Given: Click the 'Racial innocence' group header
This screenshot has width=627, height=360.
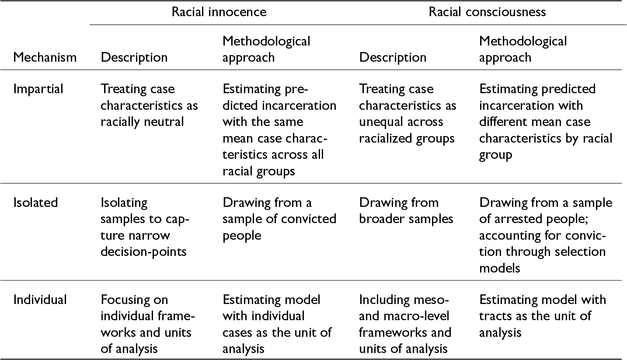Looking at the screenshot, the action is [219, 12].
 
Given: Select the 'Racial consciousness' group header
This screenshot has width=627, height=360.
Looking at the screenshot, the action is [488, 12].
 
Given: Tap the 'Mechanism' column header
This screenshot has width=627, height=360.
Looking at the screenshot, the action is [45, 57].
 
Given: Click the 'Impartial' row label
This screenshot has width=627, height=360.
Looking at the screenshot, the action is [38, 89].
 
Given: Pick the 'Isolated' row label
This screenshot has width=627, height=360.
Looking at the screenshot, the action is [35, 203].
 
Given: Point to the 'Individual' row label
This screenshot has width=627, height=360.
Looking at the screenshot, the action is [40, 300].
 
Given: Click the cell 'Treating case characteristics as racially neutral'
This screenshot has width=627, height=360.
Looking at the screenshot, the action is [149, 105].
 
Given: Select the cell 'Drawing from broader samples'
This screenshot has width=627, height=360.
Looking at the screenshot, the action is [406, 211].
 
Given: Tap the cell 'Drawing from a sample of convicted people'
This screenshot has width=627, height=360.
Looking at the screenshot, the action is [279, 219].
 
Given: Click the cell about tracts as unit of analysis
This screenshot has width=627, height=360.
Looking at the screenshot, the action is [543, 316].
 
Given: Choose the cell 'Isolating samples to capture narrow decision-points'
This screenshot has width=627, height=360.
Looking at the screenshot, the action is [145, 227].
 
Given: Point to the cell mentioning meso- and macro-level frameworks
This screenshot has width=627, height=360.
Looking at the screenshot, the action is [405, 324].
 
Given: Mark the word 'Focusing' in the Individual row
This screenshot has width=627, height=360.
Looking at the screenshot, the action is [134, 300].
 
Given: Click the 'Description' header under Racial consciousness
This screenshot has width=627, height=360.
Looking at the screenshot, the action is [393, 58].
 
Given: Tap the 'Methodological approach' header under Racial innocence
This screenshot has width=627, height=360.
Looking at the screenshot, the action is [266, 49].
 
